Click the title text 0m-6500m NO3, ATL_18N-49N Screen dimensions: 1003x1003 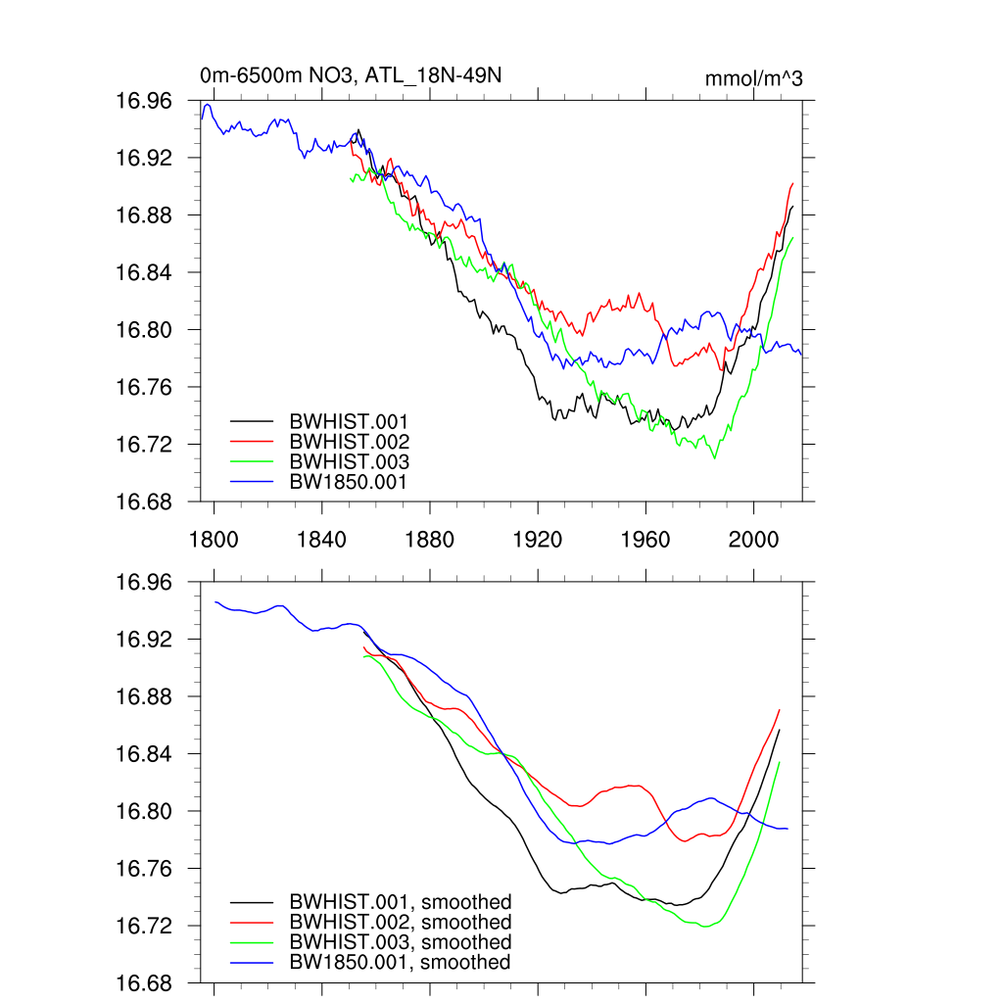point(351,76)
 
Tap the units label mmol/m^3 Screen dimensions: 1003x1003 point(753,78)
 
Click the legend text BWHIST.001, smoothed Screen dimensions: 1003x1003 point(401,902)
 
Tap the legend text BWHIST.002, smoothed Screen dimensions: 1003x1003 point(401,923)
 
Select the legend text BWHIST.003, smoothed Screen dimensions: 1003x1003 point(401,942)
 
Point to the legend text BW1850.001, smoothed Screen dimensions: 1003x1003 point(400,963)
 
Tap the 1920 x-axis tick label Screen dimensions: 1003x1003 point(538,538)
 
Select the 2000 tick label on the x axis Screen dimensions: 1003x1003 point(753,538)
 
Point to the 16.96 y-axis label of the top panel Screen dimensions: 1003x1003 point(145,101)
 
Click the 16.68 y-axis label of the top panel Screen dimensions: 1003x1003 point(145,501)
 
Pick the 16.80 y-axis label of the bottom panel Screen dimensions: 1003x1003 point(145,812)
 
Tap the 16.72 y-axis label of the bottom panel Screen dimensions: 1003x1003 point(145,927)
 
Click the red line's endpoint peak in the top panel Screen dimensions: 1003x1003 point(791,183)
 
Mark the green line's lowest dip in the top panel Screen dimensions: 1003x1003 point(714,457)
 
